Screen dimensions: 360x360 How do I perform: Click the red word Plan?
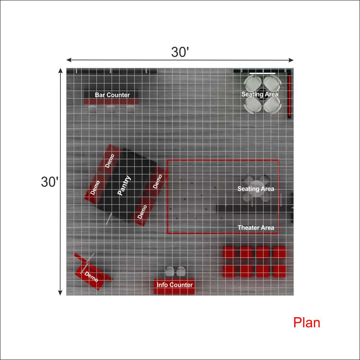tap(306, 323)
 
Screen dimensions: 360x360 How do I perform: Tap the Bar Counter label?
tap(112, 95)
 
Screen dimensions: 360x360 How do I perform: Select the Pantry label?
tap(124, 186)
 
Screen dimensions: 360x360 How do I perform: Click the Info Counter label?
tap(174, 285)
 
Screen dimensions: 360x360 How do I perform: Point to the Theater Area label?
tap(256, 228)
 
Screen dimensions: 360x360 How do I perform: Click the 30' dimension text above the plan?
tap(180, 52)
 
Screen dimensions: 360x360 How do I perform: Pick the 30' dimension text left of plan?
tap(50, 182)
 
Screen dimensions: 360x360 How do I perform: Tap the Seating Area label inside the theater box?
tap(256, 189)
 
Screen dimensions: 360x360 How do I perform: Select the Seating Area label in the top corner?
tap(260, 94)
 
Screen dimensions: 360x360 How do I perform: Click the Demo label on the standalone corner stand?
tap(91, 277)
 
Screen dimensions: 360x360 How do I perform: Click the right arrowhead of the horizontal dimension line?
tap(291, 60)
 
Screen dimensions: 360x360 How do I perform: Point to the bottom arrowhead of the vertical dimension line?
tap(60, 293)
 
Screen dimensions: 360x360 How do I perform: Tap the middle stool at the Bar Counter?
tap(110, 109)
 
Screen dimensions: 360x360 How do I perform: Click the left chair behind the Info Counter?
tap(170, 272)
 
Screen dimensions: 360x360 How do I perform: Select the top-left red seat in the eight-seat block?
tap(229, 252)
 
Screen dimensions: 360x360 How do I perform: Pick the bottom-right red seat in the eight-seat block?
tap(279, 271)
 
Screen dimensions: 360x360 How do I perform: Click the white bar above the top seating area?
tap(263, 73)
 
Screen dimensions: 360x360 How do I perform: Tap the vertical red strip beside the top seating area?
tap(290, 96)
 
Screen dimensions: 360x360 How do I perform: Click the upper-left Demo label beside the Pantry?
tap(110, 161)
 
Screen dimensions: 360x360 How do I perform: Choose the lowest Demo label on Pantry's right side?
tap(142, 212)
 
